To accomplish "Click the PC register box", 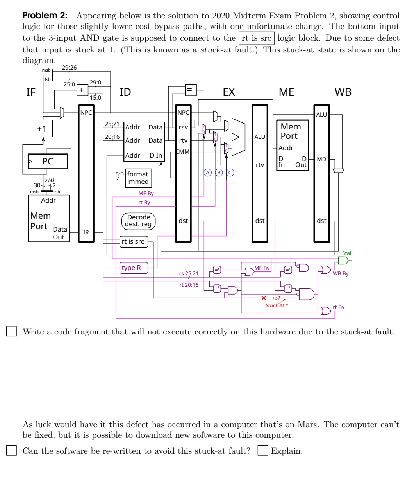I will [48, 161].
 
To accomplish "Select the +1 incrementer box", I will [42, 129].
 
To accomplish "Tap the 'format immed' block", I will [138, 178].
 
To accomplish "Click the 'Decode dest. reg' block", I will [138, 221].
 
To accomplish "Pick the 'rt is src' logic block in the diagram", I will [133, 241].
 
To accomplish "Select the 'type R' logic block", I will [133, 268].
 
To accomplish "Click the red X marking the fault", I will [264, 298].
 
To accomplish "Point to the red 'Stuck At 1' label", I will [277, 305].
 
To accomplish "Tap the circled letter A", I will [208, 173].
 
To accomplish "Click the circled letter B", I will [219, 173].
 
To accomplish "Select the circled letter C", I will [230, 173].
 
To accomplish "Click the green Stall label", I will [347, 253].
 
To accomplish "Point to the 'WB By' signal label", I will [341, 273].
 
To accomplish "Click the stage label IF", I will [31, 92].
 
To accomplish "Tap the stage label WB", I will [343, 92].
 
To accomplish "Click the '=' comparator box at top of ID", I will [190, 90].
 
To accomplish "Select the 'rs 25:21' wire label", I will [189, 273].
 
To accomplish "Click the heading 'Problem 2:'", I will [45, 16].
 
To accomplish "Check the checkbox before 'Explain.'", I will [262, 451].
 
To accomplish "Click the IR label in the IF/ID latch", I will [86, 232].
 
